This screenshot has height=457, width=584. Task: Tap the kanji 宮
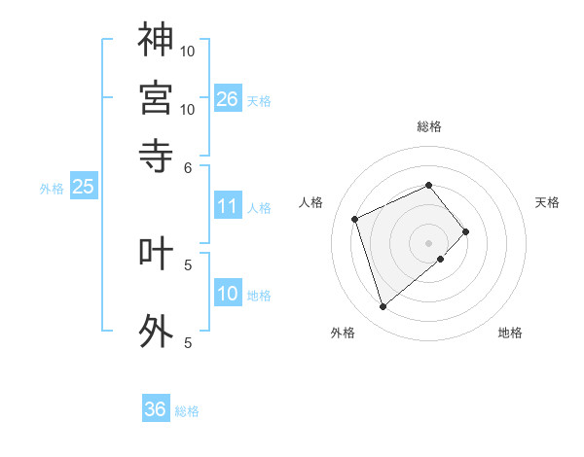pyautogui.click(x=156, y=97)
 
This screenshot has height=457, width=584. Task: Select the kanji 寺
pyautogui.click(x=156, y=155)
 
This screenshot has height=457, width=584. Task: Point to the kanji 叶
pyautogui.click(x=156, y=253)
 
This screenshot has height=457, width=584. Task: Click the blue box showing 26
pyautogui.click(x=228, y=98)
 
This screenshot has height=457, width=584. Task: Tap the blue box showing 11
pyautogui.click(x=228, y=206)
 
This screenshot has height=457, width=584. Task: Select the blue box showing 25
pyautogui.click(x=83, y=187)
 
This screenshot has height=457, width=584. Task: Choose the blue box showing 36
pyautogui.click(x=156, y=409)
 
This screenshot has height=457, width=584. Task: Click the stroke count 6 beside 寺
pyautogui.click(x=189, y=166)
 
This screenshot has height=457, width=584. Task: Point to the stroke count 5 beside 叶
pyautogui.click(x=189, y=264)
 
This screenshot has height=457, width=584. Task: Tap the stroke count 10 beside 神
pyautogui.click(x=189, y=51)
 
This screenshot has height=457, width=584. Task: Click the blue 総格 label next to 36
pyautogui.click(x=187, y=411)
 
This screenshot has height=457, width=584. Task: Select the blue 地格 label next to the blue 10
pyautogui.click(x=259, y=296)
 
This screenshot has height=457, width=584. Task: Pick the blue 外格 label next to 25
pyautogui.click(x=52, y=189)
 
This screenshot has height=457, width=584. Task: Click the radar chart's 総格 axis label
pyautogui.click(x=429, y=126)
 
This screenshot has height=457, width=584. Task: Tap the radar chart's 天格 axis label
pyautogui.click(x=548, y=202)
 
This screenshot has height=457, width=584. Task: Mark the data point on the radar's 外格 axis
pyautogui.click(x=383, y=307)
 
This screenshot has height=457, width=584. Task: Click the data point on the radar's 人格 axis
pyautogui.click(x=356, y=218)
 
